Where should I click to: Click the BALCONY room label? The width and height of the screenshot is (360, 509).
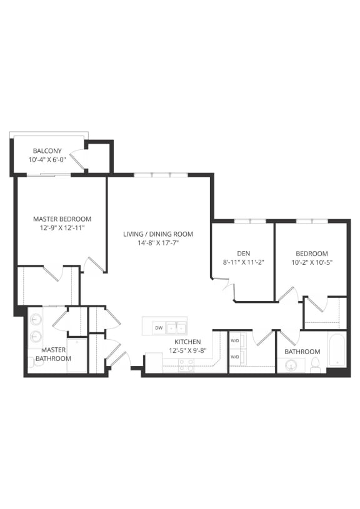[47, 151]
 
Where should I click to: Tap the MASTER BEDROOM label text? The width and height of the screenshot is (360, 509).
[62, 219]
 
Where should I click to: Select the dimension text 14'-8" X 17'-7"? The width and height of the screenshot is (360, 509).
[157, 244]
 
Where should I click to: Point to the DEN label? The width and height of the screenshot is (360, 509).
[243, 253]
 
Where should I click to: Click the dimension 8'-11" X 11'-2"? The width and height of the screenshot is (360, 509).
[243, 262]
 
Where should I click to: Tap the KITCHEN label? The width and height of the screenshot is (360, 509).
[187, 342]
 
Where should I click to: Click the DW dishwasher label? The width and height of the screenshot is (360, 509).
[159, 327]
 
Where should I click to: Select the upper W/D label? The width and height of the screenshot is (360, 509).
[235, 341]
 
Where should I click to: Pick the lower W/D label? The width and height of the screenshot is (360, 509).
[235, 357]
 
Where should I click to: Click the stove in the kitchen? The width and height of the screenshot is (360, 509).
[186, 366]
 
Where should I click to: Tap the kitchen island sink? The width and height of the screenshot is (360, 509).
[176, 327]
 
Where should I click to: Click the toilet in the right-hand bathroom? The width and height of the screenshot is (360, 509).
[316, 365]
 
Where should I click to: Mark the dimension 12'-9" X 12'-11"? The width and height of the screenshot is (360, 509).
[62, 229]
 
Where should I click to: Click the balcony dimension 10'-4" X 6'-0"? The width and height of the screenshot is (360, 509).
[47, 160]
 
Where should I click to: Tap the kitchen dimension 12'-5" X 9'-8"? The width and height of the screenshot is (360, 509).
[187, 351]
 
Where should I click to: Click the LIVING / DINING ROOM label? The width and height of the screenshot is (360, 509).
[157, 234]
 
